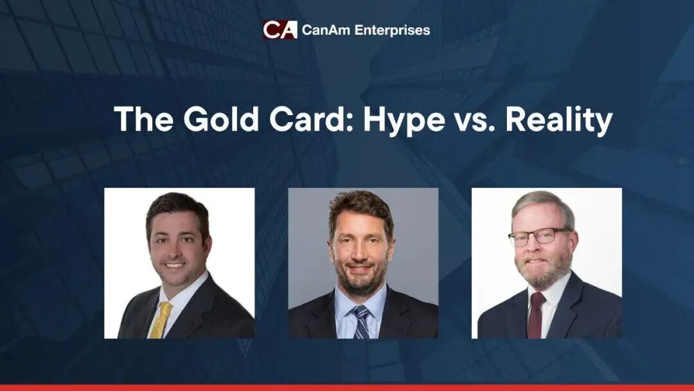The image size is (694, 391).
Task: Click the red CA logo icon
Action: [280, 30]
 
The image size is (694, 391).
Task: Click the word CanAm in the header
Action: [326, 30]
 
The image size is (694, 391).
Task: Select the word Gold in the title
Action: [220, 119]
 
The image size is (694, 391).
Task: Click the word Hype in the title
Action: [404, 120]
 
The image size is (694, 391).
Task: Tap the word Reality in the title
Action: [559, 120]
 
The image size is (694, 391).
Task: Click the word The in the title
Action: [143, 119]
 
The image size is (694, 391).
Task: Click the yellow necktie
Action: [160, 320]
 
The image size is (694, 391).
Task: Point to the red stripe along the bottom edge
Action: [347, 387]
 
